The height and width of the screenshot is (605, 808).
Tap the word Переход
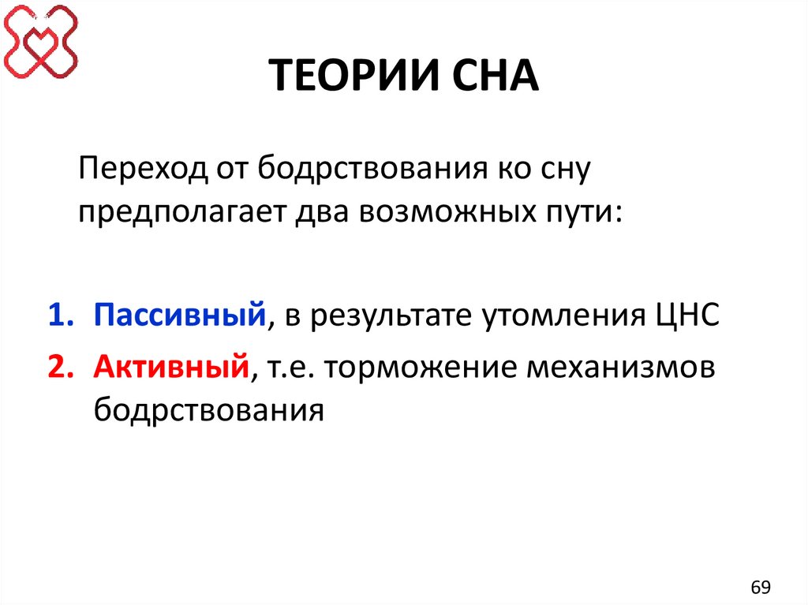coord(139,170)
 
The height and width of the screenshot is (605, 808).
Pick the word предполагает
coord(183,214)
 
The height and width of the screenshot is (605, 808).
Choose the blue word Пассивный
coord(178,316)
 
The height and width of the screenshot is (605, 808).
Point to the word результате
coord(383,316)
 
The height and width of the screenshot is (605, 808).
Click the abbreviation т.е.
coord(293,367)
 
